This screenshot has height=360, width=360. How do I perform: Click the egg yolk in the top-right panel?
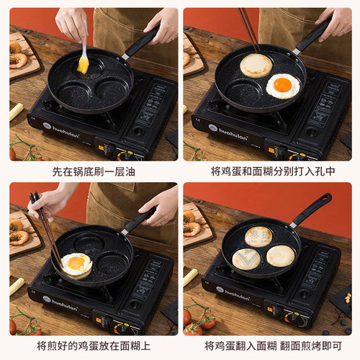(282, 85)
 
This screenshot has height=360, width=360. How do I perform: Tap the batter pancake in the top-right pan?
(256, 66)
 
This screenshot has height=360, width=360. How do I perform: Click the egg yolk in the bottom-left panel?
(76, 263)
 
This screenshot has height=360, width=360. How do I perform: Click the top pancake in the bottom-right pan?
(258, 235)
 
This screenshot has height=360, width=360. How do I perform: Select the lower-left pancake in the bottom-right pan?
(247, 258)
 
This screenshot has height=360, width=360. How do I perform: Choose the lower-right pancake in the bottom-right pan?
(280, 256)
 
